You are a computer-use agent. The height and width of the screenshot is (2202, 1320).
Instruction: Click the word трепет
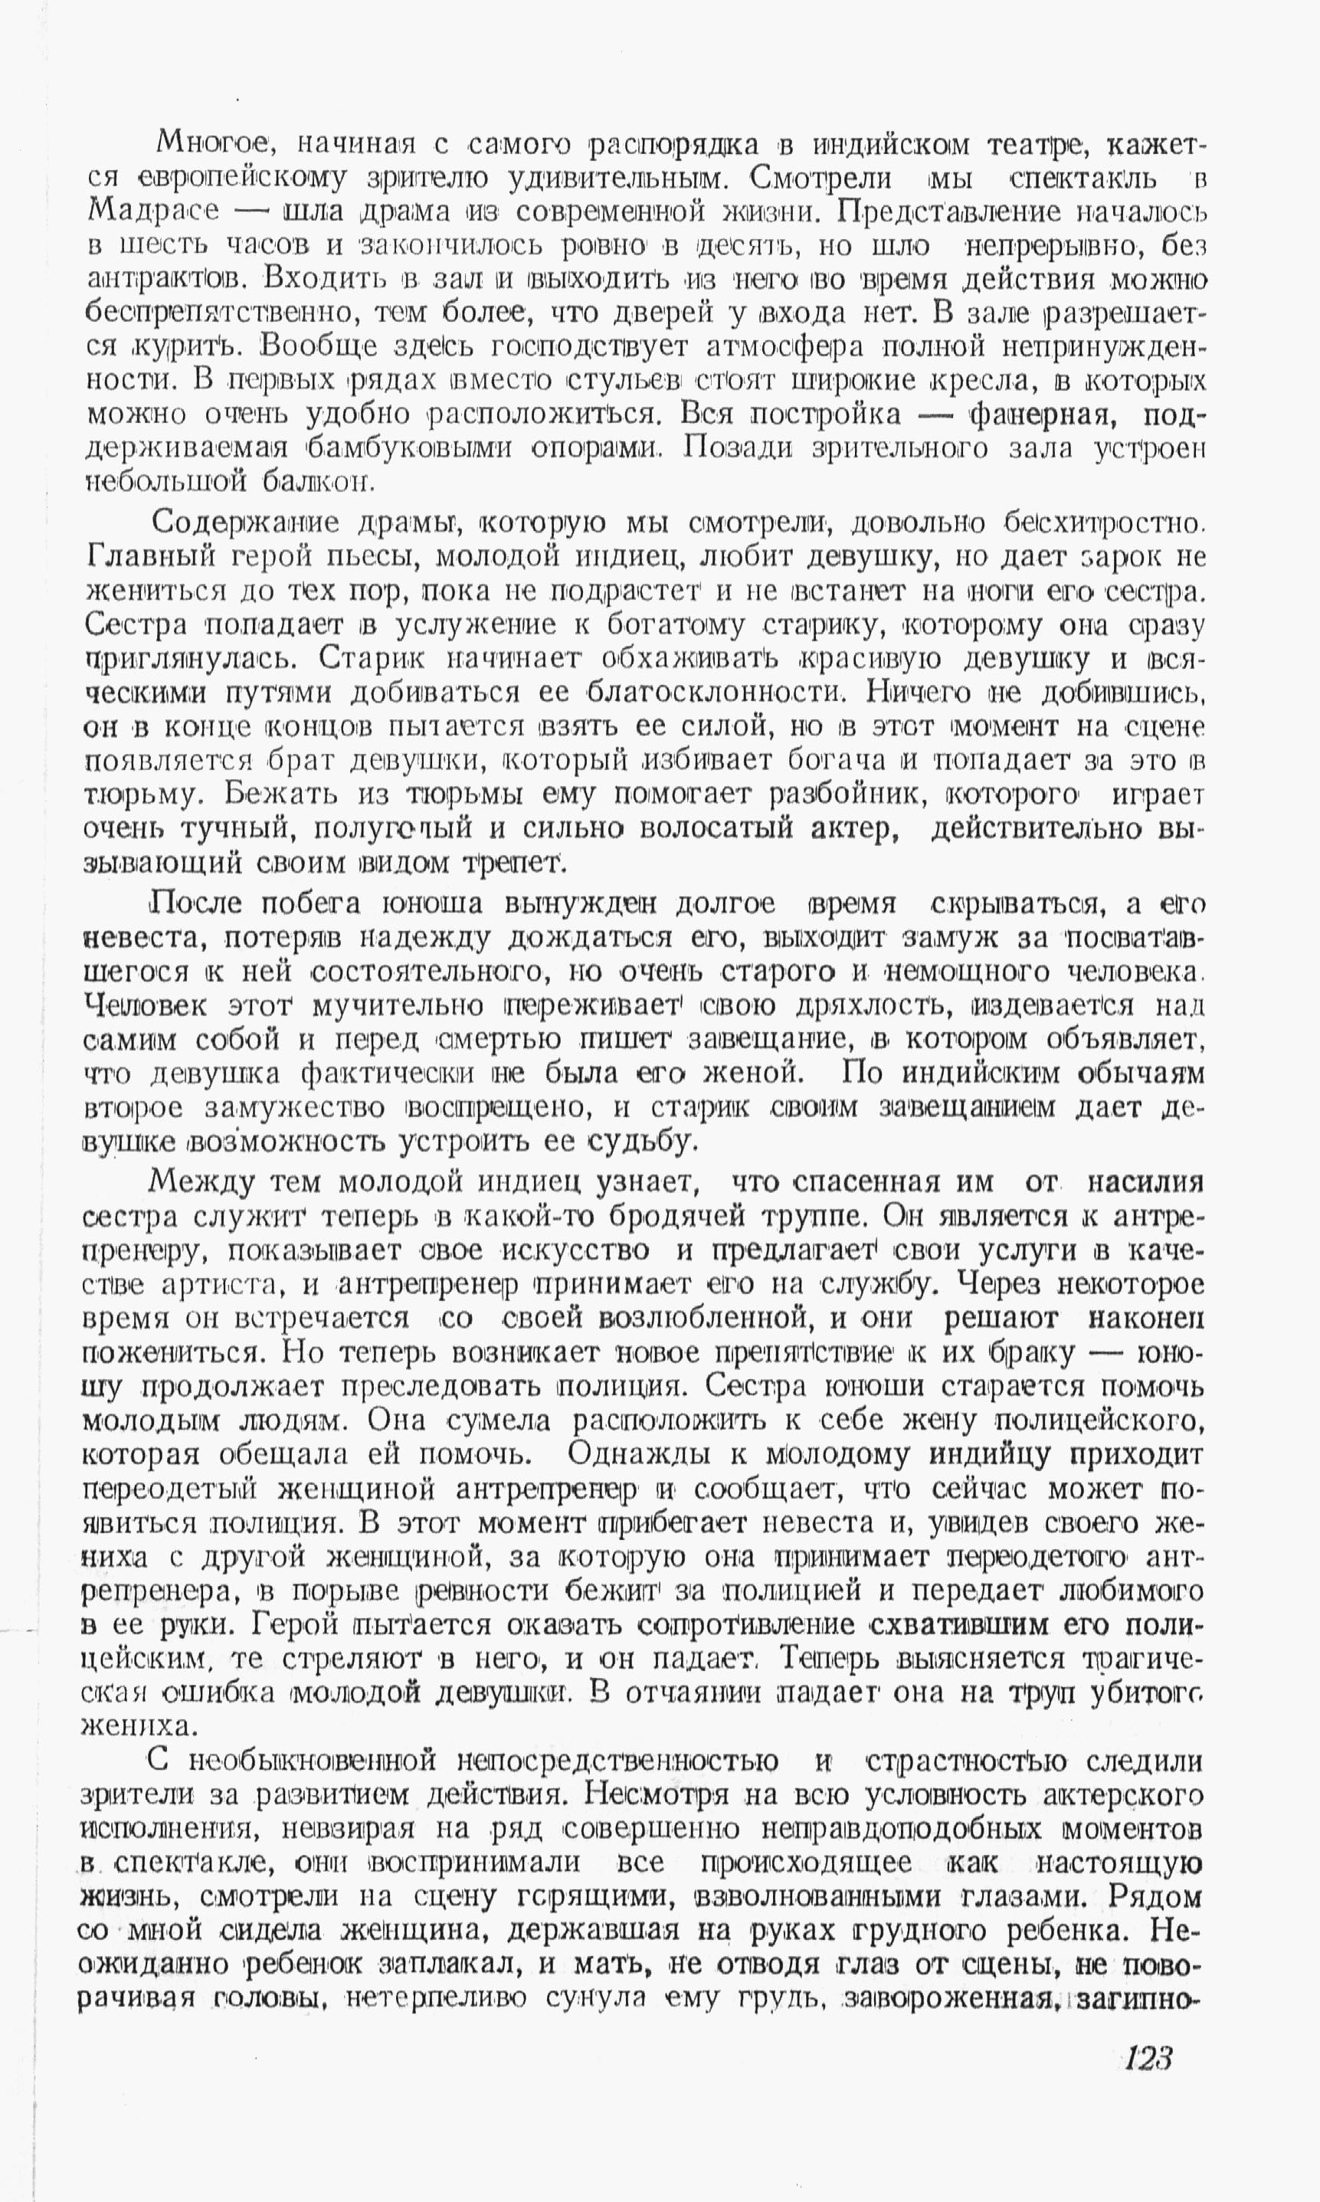[509, 863]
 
